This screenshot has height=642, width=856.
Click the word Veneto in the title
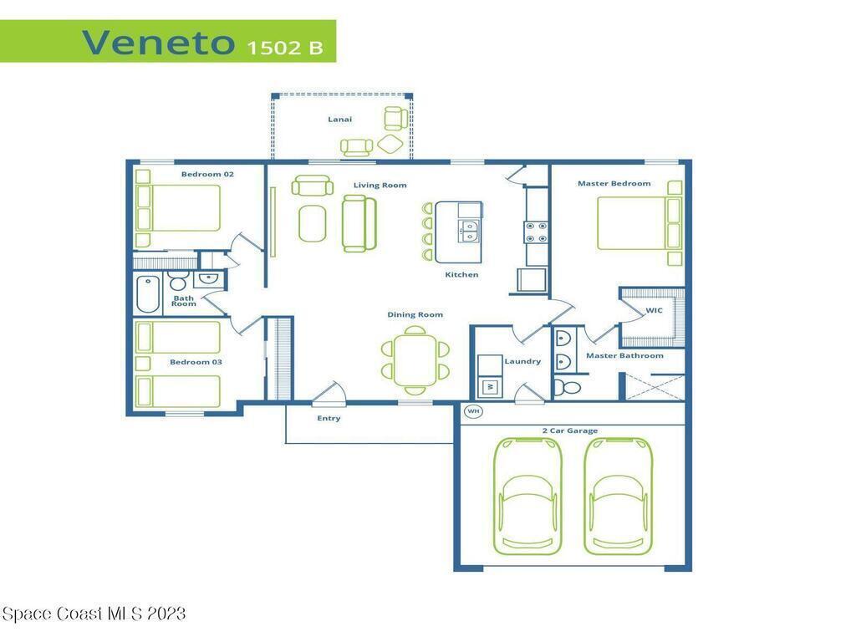(x=158, y=43)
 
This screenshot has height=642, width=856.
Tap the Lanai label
(x=339, y=119)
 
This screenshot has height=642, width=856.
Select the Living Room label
(x=380, y=185)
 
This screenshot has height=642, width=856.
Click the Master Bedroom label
(x=614, y=183)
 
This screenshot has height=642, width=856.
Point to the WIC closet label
(x=654, y=310)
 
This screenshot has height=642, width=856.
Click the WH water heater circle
(x=473, y=410)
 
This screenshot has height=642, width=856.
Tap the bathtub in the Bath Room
(x=148, y=294)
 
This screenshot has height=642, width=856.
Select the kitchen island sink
(x=470, y=231)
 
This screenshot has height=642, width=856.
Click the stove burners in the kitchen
(x=536, y=232)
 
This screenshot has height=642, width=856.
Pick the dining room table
(x=415, y=360)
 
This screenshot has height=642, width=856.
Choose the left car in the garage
(x=527, y=496)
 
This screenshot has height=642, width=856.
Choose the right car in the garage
(x=618, y=496)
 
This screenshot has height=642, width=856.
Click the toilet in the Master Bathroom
(x=568, y=388)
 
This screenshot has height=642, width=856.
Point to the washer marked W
(x=490, y=386)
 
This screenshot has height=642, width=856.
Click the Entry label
(x=329, y=418)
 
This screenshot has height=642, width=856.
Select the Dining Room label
(x=415, y=314)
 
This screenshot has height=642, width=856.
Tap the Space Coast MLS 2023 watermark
(x=94, y=614)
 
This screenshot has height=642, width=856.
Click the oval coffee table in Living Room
(x=313, y=223)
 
